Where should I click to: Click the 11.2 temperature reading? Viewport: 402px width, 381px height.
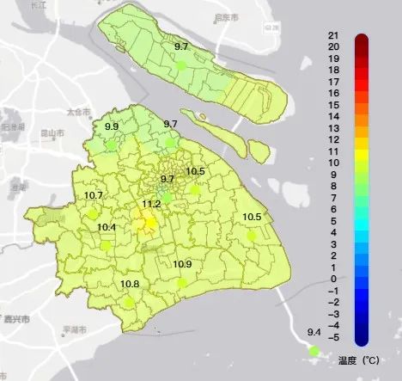click(151, 204)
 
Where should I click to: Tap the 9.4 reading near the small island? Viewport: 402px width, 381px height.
click(314, 332)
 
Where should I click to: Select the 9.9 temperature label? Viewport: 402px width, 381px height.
click(112, 126)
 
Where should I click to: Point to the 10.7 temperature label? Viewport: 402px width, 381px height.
click(94, 195)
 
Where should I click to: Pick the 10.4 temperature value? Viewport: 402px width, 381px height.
click(107, 227)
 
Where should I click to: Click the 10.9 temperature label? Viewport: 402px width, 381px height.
click(182, 264)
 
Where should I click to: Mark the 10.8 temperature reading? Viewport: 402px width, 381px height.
click(130, 284)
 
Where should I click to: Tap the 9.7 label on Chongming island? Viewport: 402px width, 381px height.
click(182, 45)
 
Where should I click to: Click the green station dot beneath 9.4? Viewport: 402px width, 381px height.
click(314, 350)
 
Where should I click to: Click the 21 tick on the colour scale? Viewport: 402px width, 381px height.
click(332, 34)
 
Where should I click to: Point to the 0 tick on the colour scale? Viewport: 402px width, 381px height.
click(332, 279)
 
